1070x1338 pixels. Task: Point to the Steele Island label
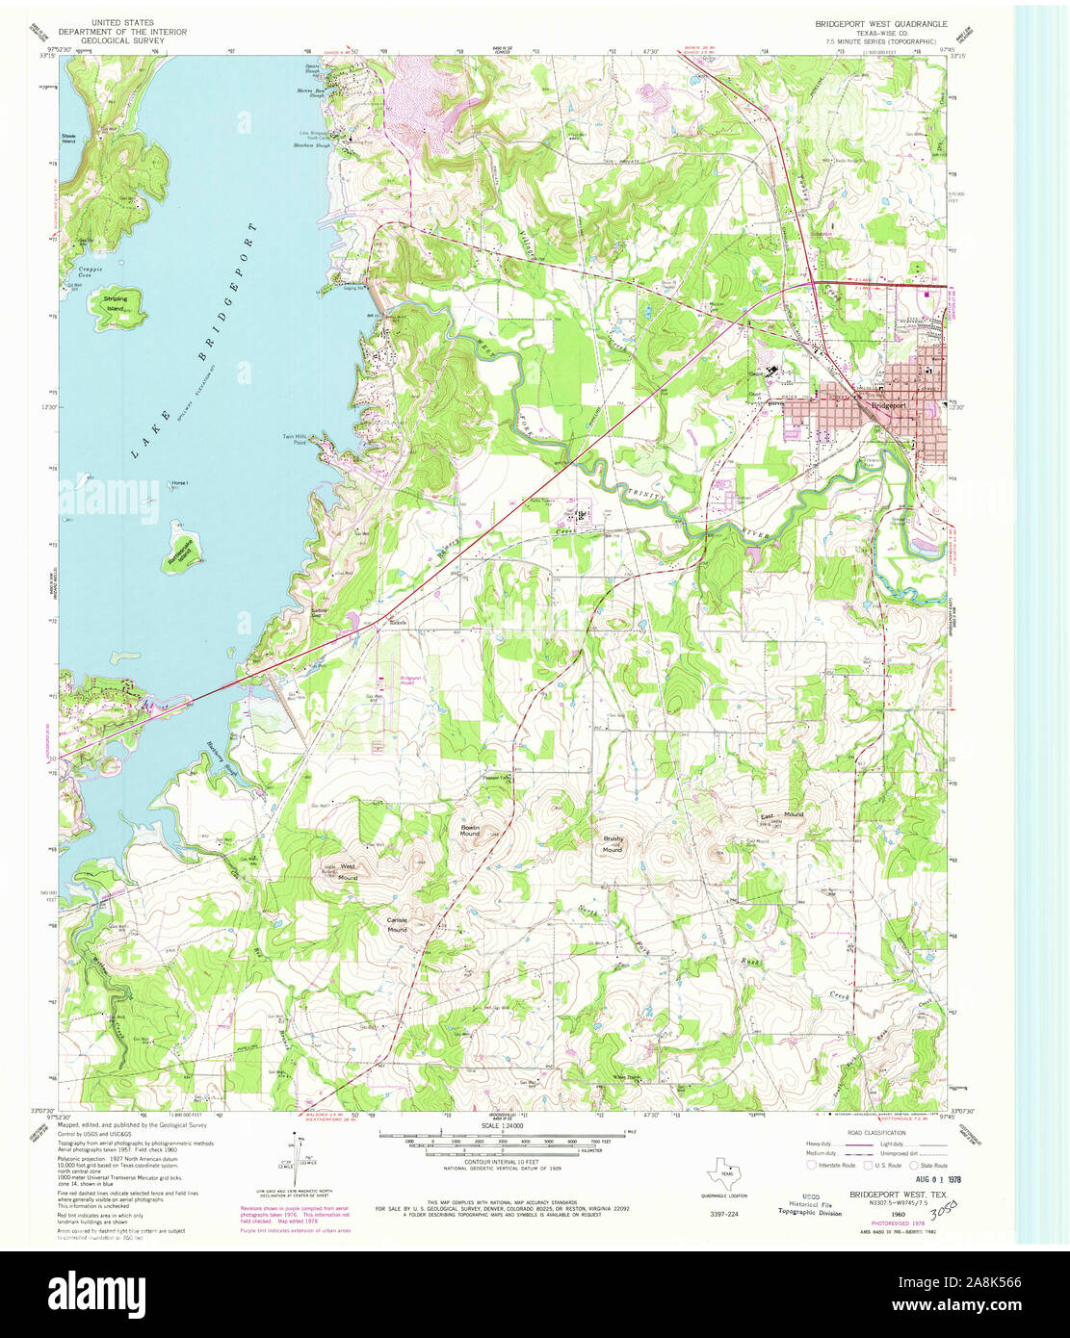point(68,139)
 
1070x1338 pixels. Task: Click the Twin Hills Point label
point(294,440)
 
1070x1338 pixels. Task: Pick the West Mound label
point(347,871)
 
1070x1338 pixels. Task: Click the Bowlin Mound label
point(470,830)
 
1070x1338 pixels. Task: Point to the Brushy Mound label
point(613,844)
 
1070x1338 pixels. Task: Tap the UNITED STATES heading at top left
point(122,21)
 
